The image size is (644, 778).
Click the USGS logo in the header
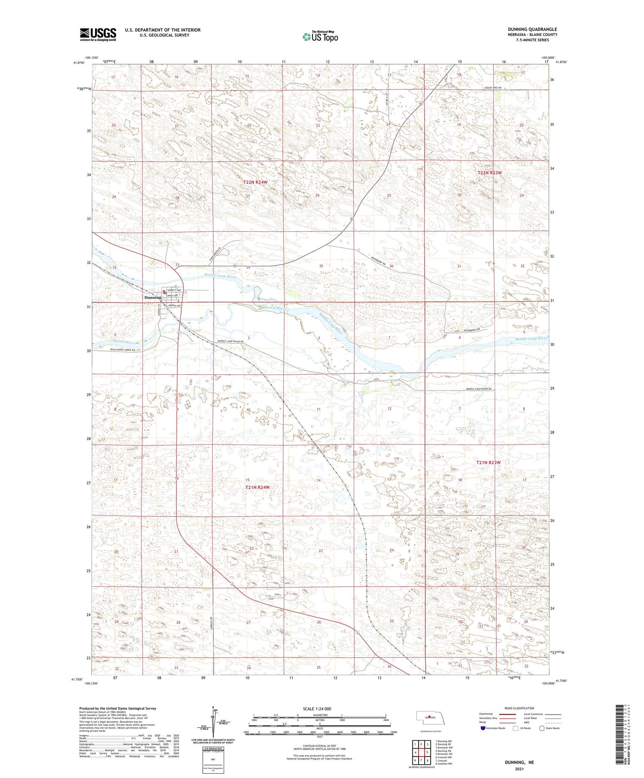pyautogui.click(x=98, y=34)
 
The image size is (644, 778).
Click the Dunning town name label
pyautogui.click(x=152, y=297)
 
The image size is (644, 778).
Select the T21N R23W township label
pyautogui.click(x=489, y=463)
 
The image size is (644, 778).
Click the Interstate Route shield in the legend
pyautogui.click(x=483, y=728)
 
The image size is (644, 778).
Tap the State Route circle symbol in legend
pyautogui.click(x=542, y=728)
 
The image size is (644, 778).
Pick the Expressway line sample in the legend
pyautogui.click(x=510, y=714)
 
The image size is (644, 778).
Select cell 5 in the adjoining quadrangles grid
pyautogui.click(x=428, y=752)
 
